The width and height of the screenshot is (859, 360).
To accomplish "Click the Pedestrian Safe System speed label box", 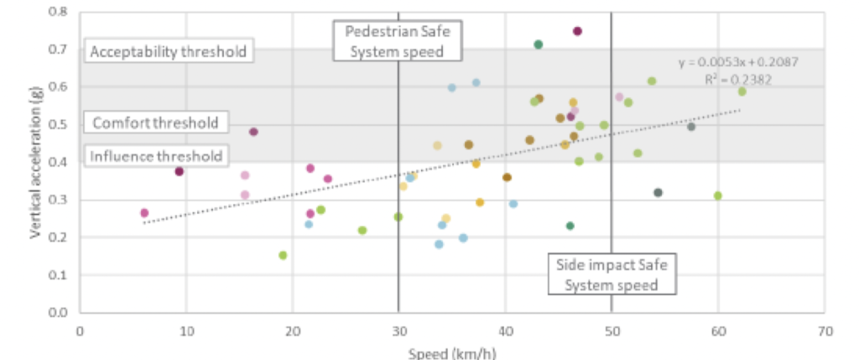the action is [x=398, y=42].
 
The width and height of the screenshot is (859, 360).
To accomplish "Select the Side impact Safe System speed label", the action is [x=612, y=274].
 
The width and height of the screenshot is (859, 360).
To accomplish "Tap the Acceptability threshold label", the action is [x=168, y=52].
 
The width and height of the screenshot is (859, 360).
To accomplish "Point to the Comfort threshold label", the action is [x=154, y=123].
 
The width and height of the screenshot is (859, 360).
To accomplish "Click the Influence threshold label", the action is [x=156, y=156].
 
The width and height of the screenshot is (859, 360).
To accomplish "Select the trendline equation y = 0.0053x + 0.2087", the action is [x=738, y=62].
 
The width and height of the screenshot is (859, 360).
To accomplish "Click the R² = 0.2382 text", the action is [x=738, y=80].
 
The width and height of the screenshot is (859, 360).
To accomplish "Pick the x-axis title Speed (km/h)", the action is [x=452, y=353].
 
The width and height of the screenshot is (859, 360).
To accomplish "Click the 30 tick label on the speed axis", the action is [x=398, y=331].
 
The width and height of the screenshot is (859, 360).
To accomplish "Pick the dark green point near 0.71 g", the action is [x=538, y=44].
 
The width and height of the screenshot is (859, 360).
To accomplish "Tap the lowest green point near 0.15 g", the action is [x=283, y=255].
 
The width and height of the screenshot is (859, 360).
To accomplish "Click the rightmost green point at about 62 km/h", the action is [x=742, y=91].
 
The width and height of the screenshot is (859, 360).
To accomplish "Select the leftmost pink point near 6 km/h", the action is [x=144, y=213].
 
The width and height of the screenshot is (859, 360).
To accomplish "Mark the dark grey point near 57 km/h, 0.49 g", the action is [x=691, y=127].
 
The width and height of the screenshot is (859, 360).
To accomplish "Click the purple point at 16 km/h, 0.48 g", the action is [x=253, y=132].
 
